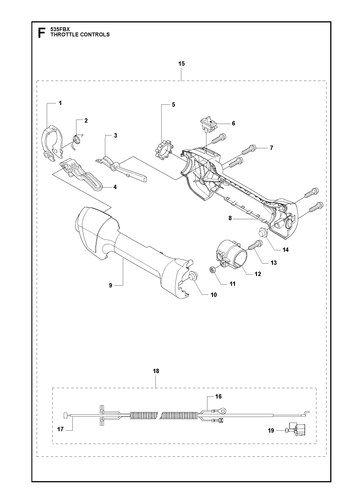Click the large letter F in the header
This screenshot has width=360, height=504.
[x=41, y=33]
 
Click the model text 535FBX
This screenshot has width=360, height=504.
[x=58, y=29]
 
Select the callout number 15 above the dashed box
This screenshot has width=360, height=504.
[x=182, y=64]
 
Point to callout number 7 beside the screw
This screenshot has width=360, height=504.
[x=271, y=148]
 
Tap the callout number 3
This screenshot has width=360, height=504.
[x=115, y=136]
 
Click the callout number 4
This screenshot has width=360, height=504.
[x=115, y=187]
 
